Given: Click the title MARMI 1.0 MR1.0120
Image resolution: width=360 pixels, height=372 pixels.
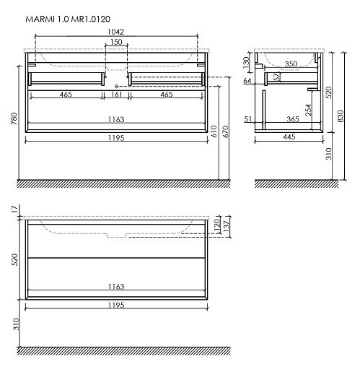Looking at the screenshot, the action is pos(68,19).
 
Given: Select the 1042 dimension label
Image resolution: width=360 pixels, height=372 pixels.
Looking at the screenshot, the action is pos(115,32).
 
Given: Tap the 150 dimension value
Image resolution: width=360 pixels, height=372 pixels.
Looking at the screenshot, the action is pos(116,42).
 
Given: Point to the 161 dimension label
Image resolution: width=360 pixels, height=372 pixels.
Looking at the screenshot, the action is pos(116,95).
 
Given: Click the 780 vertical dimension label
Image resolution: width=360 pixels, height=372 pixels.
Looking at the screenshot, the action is pos(14,118).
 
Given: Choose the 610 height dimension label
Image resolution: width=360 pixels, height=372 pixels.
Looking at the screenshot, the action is pos(214,131).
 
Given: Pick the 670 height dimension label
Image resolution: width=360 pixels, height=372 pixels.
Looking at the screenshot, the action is pos(226,131).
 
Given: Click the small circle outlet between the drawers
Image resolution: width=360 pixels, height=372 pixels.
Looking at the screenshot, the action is pos(116,86).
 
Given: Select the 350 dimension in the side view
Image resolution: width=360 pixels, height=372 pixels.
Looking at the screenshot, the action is pos(291,64).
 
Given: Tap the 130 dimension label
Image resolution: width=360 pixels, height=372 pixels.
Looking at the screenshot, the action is pos(246,62).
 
